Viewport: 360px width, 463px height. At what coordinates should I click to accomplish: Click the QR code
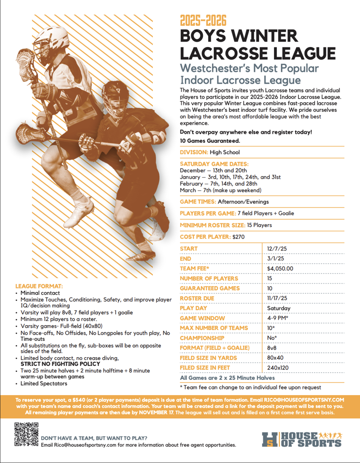(25, 434)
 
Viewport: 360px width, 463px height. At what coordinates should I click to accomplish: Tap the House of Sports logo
(302, 439)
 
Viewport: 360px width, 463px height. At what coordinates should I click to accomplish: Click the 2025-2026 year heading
(203, 21)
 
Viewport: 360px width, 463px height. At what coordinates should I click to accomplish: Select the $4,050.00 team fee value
(280, 269)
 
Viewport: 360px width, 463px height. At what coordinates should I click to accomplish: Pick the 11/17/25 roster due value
(276, 298)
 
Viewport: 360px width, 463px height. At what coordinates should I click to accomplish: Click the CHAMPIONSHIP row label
(202, 338)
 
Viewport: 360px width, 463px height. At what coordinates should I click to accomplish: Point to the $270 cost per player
(238, 236)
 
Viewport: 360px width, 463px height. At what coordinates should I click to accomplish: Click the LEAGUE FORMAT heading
(39, 286)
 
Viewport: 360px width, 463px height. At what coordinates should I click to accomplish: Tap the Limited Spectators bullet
(43, 383)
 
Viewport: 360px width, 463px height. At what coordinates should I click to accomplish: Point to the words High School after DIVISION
(225, 152)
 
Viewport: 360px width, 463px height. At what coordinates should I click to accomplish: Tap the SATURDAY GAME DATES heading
(214, 164)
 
